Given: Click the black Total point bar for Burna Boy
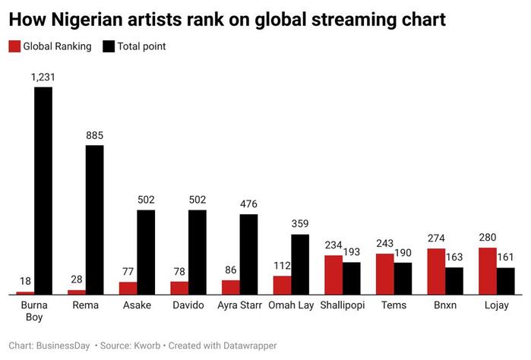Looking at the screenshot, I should [43, 190].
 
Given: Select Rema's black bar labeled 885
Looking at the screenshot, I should [94, 219].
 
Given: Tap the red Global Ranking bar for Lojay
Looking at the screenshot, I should [488, 270].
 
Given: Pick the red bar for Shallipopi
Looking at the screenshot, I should [333, 274].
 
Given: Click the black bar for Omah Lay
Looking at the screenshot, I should [300, 264].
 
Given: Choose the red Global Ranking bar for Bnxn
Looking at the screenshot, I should [436, 271].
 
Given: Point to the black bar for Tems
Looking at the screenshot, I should [403, 278].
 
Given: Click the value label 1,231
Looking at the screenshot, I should [43, 77].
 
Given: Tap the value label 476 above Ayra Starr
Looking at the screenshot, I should [248, 204].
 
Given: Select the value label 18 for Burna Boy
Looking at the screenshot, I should [25, 281].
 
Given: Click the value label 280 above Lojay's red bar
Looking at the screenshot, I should [488, 238].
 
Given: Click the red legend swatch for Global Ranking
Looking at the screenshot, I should [14, 46].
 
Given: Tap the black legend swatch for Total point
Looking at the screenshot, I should [108, 46].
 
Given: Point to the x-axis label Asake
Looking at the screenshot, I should [137, 305].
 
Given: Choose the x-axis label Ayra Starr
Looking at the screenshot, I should [240, 305].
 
